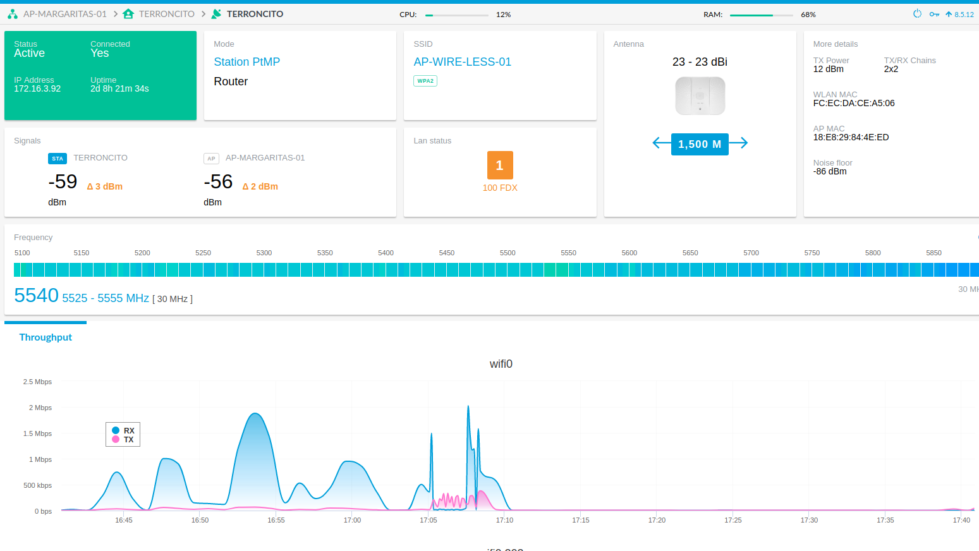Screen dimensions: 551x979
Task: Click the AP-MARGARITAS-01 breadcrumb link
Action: tap(64, 14)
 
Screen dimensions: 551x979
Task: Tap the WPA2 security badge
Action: tap(425, 81)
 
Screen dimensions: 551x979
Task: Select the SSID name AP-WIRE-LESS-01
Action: tap(462, 62)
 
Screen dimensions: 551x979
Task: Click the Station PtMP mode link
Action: tap(246, 62)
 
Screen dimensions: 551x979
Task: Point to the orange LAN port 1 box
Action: tap(500, 166)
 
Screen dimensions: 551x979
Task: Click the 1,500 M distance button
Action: tap(700, 144)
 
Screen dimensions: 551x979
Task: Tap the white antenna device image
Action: tap(700, 96)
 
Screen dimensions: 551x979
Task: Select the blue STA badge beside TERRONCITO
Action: tap(58, 159)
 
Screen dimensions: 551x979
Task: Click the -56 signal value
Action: tap(218, 182)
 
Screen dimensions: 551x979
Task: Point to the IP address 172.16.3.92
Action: tap(37, 89)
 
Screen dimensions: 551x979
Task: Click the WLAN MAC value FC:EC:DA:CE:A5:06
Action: tap(853, 104)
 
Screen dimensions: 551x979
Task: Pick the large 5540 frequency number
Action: tap(36, 296)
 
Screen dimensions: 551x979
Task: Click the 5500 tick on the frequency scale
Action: tap(508, 253)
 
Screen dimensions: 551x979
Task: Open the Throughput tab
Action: tap(46, 337)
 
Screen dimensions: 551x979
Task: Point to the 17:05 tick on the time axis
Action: tap(429, 520)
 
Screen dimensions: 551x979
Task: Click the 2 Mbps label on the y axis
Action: tap(40, 408)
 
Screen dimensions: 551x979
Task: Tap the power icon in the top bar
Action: tap(917, 14)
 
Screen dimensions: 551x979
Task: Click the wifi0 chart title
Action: tap(501, 364)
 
